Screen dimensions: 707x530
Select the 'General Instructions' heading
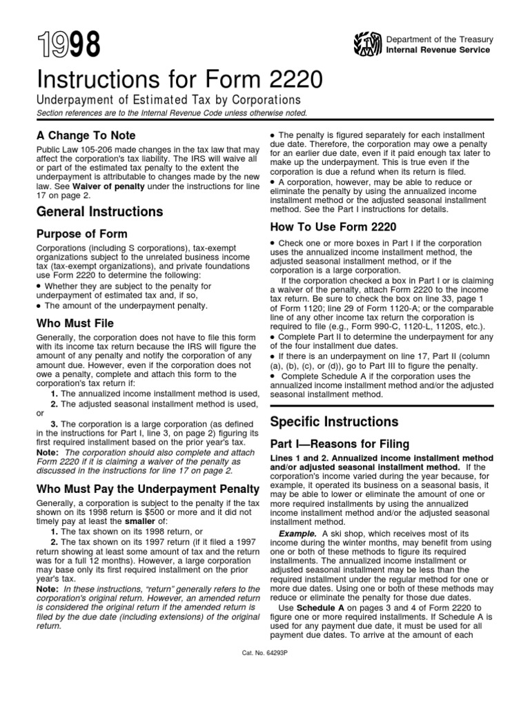99,211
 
